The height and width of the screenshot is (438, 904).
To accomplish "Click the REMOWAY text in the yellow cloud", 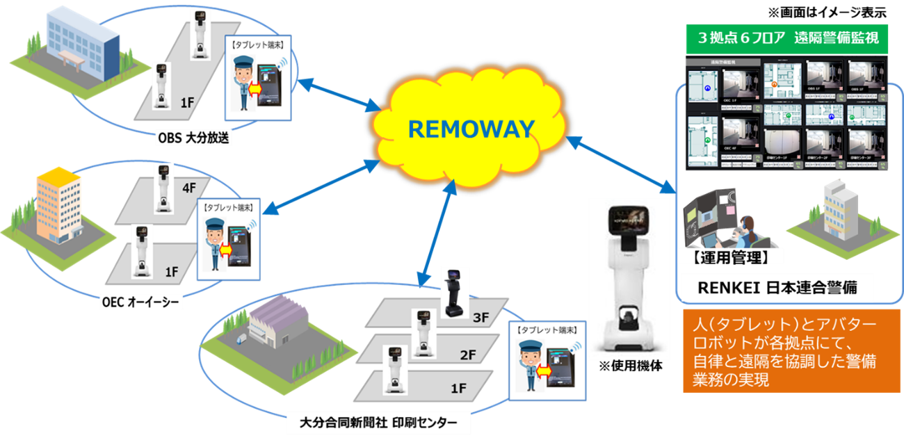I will tap(471, 129).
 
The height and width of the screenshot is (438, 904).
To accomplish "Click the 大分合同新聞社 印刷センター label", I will tap(378, 422).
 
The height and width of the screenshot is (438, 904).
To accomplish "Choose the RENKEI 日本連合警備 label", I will tap(776, 288).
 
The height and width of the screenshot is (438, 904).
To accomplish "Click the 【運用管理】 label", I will tap(730, 257).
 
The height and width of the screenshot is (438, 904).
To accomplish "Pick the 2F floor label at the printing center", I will tap(467, 355).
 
